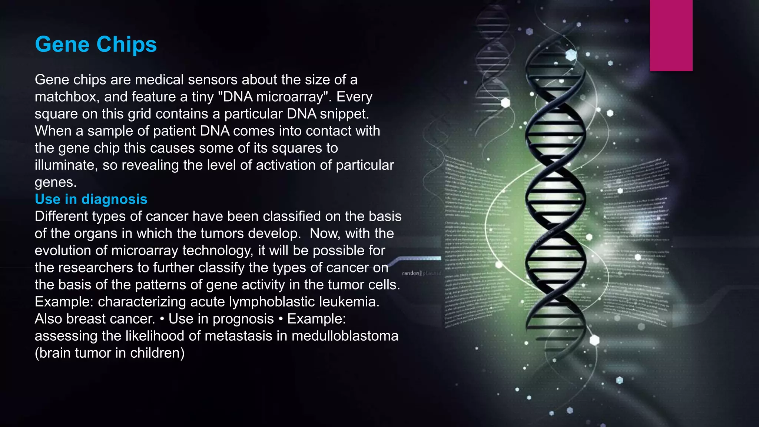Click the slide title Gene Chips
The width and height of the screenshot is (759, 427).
click(x=96, y=44)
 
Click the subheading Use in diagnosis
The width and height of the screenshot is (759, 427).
click(x=91, y=199)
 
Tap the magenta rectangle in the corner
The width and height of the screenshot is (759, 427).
click(x=671, y=35)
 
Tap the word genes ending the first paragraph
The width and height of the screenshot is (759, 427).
click(x=55, y=183)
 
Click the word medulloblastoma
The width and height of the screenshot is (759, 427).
click(x=345, y=336)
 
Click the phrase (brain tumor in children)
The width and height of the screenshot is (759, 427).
click(x=110, y=353)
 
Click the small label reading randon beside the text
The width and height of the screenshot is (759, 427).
click(x=411, y=273)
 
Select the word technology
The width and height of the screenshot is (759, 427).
click(x=218, y=251)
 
